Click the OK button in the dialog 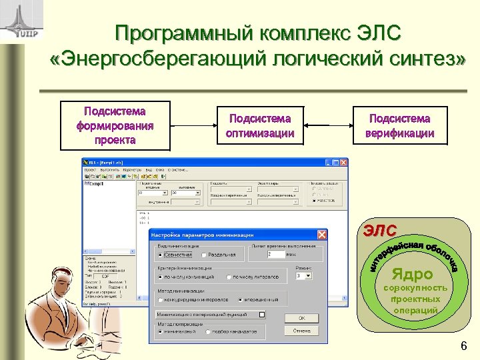301,318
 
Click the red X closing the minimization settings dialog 321,235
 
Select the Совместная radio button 160,255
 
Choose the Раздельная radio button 205,255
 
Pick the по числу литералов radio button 229,277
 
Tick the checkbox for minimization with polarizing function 262,313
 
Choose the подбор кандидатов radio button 209,331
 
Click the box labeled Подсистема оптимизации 260,126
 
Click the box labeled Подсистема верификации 399,126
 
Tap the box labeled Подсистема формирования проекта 115,125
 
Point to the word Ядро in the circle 412,273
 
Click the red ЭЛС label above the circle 379,230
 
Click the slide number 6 463,346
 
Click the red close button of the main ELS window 343,162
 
